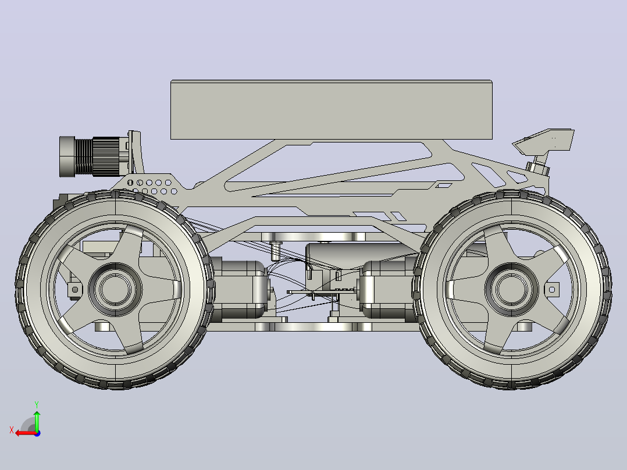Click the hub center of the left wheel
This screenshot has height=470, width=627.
click(115, 289)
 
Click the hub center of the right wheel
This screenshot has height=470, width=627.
click(511, 289)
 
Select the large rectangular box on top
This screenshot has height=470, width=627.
click(332, 109)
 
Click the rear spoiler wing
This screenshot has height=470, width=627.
click(544, 141)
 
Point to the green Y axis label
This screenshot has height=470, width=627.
click(37, 404)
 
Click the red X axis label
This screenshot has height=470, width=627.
click(12, 430)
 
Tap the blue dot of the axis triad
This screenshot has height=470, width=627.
click(37, 433)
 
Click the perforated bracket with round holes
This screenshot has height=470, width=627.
click(151, 184)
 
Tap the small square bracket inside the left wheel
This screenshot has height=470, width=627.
click(75, 289)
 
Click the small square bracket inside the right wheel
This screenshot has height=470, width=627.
click(552, 289)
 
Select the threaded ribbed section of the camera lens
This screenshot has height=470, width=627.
click(83, 156)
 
